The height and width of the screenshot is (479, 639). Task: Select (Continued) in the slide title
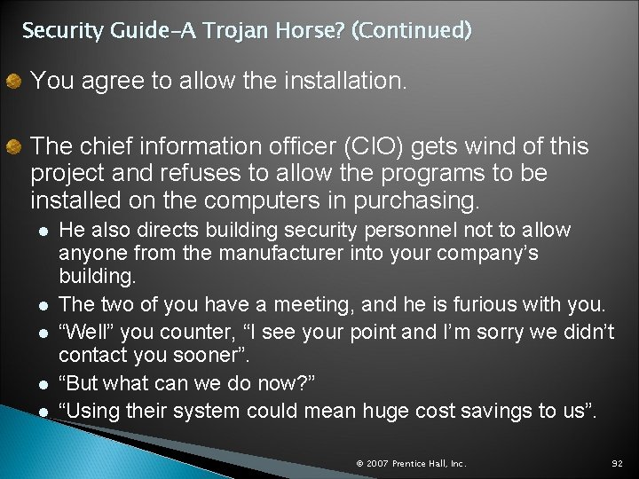[x=412, y=32]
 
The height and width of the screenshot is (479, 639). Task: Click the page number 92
[x=617, y=464]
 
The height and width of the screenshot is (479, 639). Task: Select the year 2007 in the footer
[x=377, y=464]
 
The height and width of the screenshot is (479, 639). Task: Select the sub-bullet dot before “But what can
[x=43, y=387]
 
